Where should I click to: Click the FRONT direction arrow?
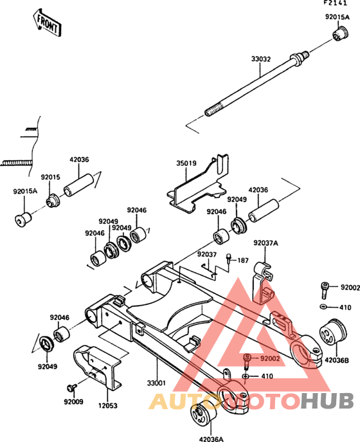click(x=47, y=23)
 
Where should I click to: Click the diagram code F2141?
click(x=335, y=3)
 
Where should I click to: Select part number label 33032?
click(x=261, y=59)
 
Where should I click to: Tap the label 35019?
click(x=186, y=163)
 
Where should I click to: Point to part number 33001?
click(x=156, y=383)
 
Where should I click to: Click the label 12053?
click(x=107, y=405)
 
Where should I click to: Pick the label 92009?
click(x=73, y=401)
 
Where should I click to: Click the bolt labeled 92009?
click(x=71, y=388)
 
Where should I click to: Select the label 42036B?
click(x=337, y=360)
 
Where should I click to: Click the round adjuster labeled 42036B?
click(x=332, y=331)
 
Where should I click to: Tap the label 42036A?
click(x=211, y=439)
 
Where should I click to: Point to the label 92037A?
click(x=265, y=243)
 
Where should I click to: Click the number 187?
click(x=243, y=260)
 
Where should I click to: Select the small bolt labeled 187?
click(x=229, y=258)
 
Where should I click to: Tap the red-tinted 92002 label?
click(x=270, y=358)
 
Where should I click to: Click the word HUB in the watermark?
click(x=327, y=401)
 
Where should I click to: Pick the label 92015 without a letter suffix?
click(x=51, y=178)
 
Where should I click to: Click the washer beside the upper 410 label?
click(x=323, y=306)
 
